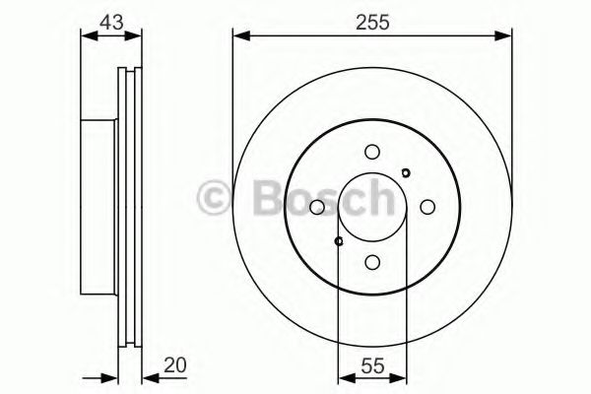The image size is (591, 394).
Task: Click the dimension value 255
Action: tap(372, 21)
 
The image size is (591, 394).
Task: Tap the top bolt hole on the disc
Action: tap(371, 152)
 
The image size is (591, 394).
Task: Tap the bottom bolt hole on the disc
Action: tap(371, 262)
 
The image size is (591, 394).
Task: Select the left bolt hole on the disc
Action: tap(316, 207)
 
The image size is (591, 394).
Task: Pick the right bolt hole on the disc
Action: tap(427, 207)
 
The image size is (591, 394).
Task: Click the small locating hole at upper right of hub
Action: tap(406, 173)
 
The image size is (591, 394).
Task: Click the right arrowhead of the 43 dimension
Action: tap(136, 37)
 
